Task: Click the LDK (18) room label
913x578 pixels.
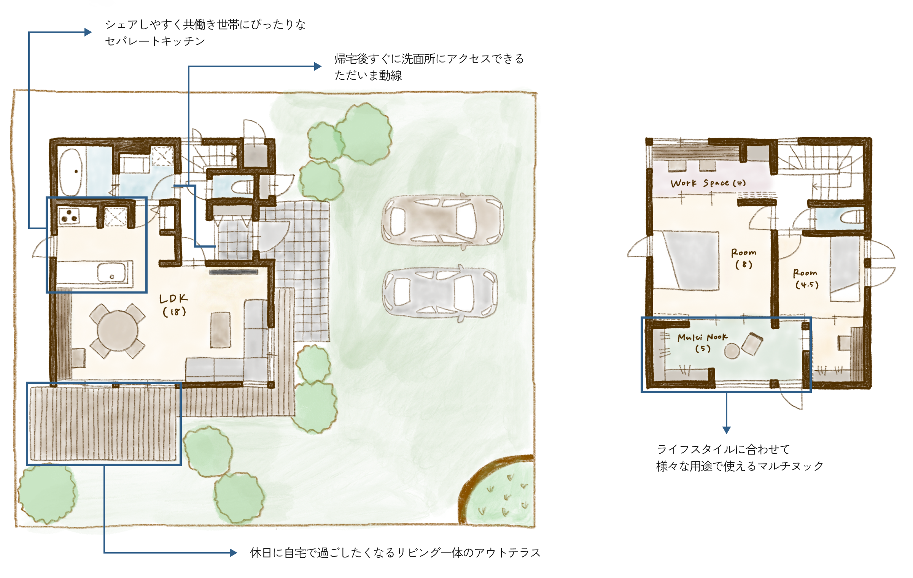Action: tap(173, 305)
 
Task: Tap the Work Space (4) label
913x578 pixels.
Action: tap(708, 183)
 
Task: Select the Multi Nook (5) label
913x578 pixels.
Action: tap(702, 342)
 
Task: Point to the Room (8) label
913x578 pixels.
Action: tap(744, 258)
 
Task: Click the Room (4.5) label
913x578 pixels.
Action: tap(805, 279)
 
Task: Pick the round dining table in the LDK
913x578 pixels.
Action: tap(118, 331)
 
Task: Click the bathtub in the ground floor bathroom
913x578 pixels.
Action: tap(71, 172)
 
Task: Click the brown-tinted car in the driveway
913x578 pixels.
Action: tap(443, 220)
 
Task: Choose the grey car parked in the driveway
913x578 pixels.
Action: tap(440, 292)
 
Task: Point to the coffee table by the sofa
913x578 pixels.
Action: tap(221, 330)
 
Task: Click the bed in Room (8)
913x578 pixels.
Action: tap(692, 261)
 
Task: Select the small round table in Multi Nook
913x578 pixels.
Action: tap(732, 351)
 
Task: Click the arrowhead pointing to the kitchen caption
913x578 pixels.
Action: tap(88, 32)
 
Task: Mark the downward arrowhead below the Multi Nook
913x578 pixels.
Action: tap(727, 430)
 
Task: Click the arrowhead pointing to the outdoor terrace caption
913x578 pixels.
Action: tap(234, 553)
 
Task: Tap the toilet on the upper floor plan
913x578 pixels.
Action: tap(851, 217)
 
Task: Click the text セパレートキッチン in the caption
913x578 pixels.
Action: tap(155, 41)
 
